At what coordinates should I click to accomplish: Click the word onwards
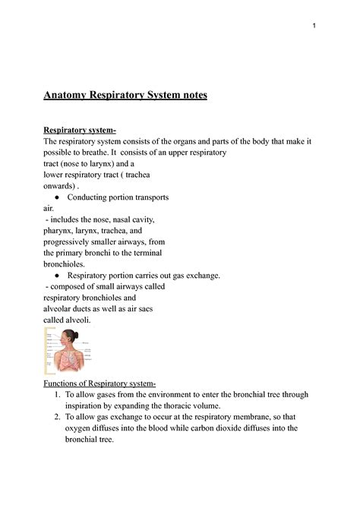point(65,186)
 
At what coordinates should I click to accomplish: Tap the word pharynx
point(64,230)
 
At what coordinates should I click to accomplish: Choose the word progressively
point(76,241)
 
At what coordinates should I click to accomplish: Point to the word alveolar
point(66,308)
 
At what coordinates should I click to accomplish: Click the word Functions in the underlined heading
point(68,383)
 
